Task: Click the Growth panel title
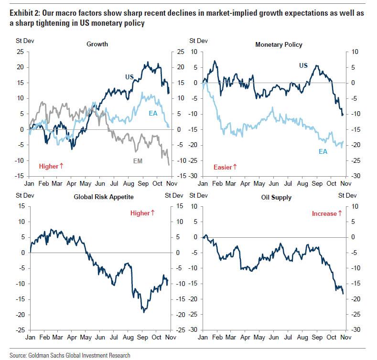click(97, 44)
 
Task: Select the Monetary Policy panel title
click(279, 44)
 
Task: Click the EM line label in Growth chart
click(138, 161)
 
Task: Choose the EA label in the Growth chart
click(153, 113)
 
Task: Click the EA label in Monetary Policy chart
click(323, 152)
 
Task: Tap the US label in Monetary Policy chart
click(303, 65)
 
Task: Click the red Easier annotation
click(225, 167)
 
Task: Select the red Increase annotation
click(327, 213)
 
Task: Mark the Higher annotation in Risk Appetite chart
click(142, 213)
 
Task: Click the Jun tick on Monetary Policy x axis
click(274, 183)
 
